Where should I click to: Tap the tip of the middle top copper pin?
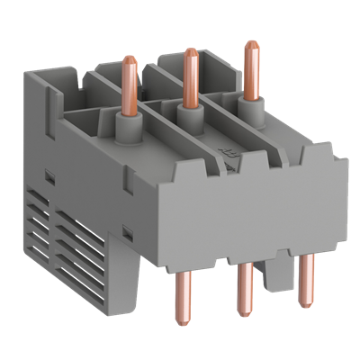tap(190, 53)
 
